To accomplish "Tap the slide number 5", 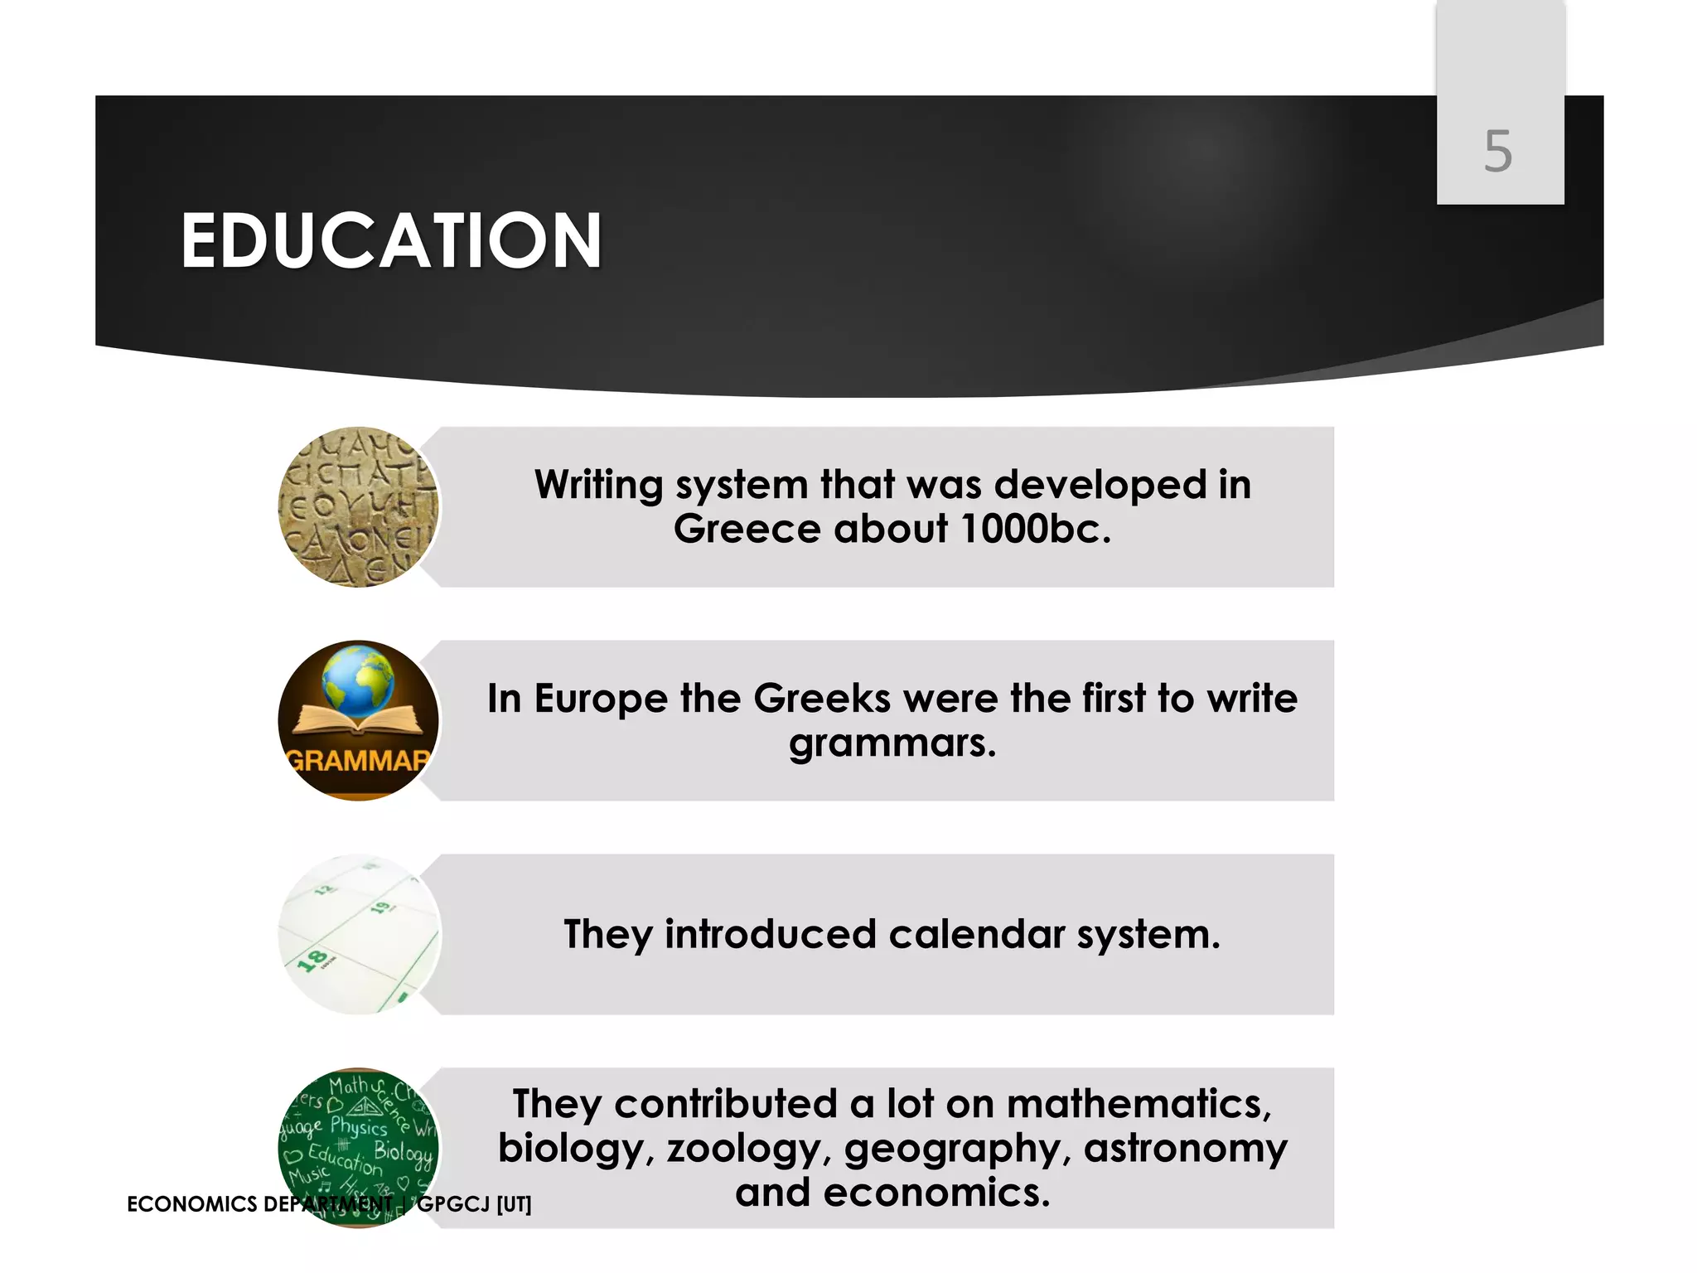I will coord(1498,152).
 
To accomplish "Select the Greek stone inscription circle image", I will coord(358,507).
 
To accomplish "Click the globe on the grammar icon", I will coord(360,682).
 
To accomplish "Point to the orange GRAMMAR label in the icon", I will coord(358,760).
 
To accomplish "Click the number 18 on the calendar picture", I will coord(312,961).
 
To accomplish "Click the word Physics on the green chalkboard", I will coord(359,1126).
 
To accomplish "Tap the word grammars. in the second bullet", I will coord(892,743).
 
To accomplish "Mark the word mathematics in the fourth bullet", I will coord(1139,1104).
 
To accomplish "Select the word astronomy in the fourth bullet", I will coord(1186,1149).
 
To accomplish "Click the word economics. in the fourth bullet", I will coord(937,1193).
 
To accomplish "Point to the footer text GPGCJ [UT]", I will coord(474,1204).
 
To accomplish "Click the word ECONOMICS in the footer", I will coord(192,1204).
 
